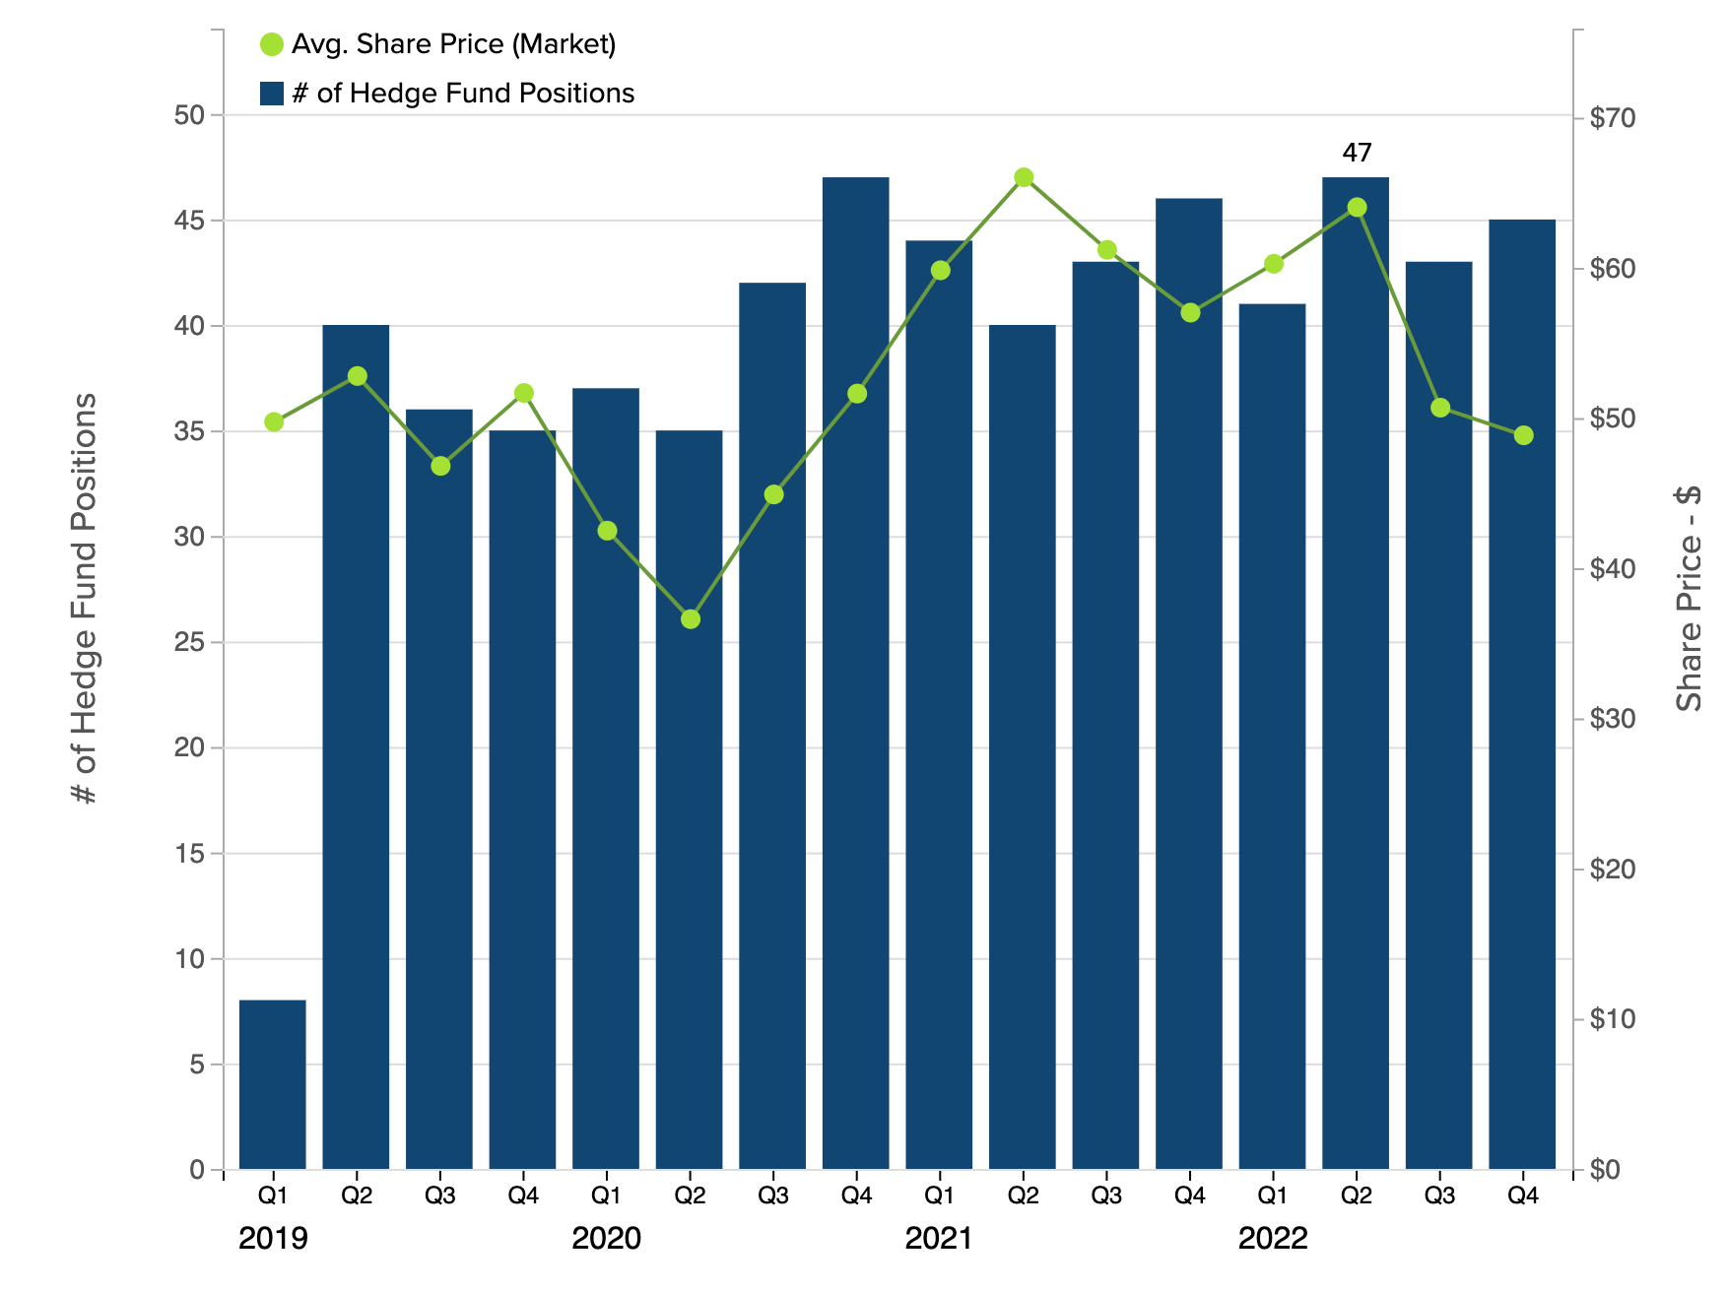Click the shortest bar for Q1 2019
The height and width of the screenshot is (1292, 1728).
[x=273, y=1084]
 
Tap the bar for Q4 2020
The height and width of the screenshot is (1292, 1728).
[x=856, y=689]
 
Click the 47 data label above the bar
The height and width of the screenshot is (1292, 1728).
[x=1357, y=153]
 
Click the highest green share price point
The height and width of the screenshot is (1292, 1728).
[x=1024, y=177]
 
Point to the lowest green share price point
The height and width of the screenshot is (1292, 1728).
[x=691, y=619]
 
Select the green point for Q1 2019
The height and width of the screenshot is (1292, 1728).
[x=274, y=421]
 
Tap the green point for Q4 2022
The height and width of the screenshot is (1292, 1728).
[x=1523, y=435]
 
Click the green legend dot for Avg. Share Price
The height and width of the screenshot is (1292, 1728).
[x=271, y=44]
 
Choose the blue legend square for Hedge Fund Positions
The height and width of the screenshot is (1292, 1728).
[x=272, y=94]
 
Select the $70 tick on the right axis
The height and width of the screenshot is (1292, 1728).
[x=1612, y=118]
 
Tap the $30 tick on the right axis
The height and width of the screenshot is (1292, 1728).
[x=1612, y=719]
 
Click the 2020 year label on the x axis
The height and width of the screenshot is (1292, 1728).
[x=606, y=1238]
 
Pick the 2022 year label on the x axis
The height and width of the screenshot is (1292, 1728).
[x=1273, y=1238]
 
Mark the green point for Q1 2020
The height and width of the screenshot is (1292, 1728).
[x=607, y=531]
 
